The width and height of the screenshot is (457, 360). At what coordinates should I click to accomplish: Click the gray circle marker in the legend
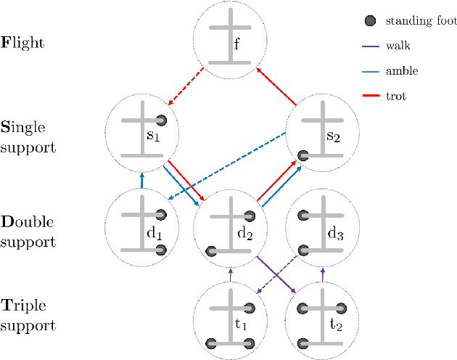(371, 21)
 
